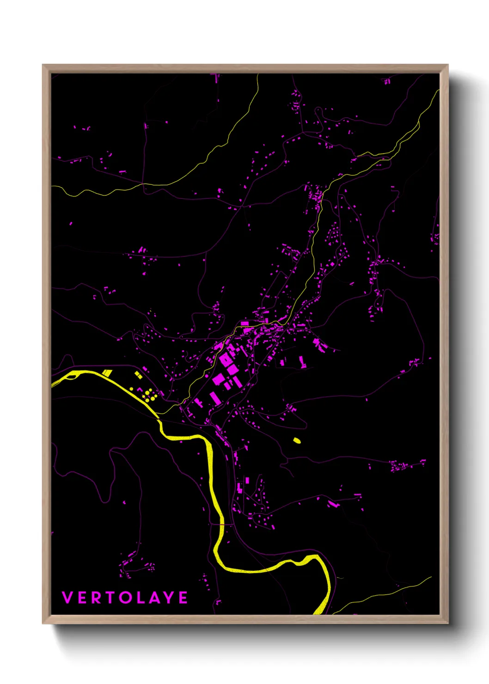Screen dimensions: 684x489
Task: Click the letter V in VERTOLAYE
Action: (x=67, y=598)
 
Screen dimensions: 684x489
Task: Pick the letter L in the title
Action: (x=141, y=598)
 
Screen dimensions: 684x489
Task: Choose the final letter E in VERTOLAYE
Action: (x=183, y=598)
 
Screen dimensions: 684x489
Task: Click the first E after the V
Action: (x=82, y=598)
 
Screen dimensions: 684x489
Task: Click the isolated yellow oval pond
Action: (x=297, y=440)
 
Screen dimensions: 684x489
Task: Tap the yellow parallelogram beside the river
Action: (x=107, y=373)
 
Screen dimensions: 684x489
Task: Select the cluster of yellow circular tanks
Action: (x=148, y=395)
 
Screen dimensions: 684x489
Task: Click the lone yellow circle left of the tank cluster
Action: (x=132, y=389)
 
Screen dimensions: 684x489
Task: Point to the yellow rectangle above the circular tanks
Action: (x=138, y=375)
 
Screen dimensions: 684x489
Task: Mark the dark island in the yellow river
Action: (x=72, y=377)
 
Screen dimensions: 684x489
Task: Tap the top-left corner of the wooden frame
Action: (x=43, y=65)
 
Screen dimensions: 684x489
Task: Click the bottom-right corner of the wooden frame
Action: (x=448, y=623)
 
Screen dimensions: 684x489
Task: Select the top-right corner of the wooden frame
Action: (x=448, y=65)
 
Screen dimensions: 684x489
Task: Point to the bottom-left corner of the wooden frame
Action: (x=43, y=623)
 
